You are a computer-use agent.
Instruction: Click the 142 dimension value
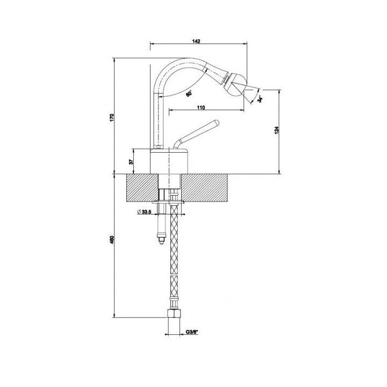click(196, 41)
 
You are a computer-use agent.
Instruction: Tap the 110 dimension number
click(201, 107)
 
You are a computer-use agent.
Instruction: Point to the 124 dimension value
click(276, 130)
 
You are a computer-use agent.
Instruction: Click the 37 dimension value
click(131, 162)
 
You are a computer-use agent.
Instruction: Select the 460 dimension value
click(112, 240)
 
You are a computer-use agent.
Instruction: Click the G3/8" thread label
click(192, 332)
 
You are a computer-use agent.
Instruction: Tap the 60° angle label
click(189, 94)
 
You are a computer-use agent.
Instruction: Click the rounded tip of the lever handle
click(217, 122)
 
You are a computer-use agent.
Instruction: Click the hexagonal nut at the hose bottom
click(174, 313)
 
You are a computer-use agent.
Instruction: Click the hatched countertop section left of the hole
click(142, 188)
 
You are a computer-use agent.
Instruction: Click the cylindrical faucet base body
click(169, 161)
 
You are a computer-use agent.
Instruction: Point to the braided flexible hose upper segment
click(174, 239)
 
